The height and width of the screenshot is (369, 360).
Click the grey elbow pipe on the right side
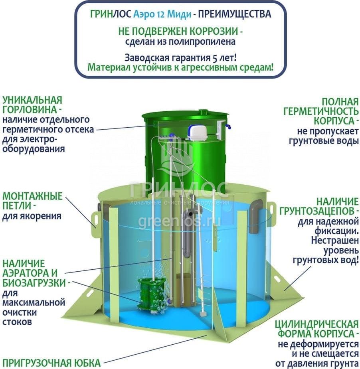(255, 216)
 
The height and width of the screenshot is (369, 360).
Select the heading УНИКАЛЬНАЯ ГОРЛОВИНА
(33, 105)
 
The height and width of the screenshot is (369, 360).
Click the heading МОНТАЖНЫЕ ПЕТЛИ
(32, 201)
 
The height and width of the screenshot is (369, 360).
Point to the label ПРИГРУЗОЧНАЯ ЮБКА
(51, 363)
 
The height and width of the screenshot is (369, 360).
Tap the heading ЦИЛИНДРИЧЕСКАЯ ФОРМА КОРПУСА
(316, 329)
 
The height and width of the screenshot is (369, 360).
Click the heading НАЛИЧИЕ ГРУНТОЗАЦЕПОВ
(319, 206)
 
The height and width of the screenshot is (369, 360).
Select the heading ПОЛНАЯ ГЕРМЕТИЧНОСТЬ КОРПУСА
(321, 111)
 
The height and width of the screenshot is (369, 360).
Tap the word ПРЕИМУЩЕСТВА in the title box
(235, 14)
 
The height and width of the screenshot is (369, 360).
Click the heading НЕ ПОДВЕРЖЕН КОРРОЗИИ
(180, 32)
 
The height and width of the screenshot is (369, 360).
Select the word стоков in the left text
(17, 322)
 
